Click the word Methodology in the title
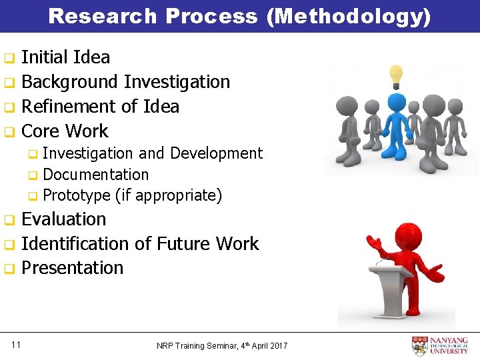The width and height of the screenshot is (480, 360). [x=348, y=16]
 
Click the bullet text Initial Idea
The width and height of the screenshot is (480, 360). [x=65, y=57]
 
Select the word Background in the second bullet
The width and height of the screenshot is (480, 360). [x=70, y=82]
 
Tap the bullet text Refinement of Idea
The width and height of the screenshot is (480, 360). [x=100, y=107]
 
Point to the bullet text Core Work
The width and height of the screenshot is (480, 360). [x=65, y=131]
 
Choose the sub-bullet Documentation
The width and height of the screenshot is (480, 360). [x=95, y=175]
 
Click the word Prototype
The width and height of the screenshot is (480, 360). [x=76, y=196]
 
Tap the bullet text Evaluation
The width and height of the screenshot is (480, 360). [x=64, y=219]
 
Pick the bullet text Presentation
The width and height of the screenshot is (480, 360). [x=72, y=268]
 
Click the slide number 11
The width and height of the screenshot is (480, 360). [x=16, y=345]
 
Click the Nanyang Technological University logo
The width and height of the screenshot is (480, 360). [x=440, y=346]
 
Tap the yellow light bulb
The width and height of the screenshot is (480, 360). [x=396, y=75]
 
